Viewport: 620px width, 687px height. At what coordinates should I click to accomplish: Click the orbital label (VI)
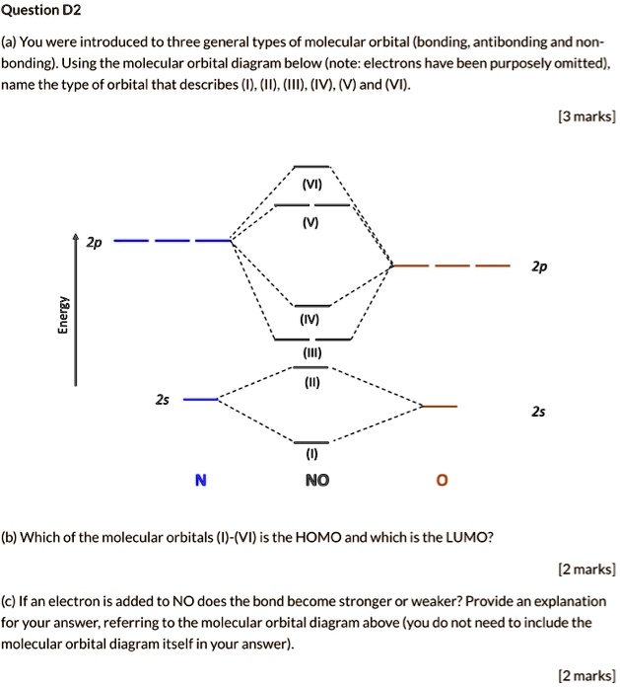(x=311, y=185)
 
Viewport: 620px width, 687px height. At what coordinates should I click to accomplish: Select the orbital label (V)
(x=311, y=222)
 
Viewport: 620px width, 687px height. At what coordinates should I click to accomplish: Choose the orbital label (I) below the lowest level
(x=311, y=456)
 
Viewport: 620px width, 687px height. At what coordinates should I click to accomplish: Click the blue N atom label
(x=201, y=481)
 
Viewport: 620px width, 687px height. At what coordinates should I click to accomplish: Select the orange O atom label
(x=441, y=481)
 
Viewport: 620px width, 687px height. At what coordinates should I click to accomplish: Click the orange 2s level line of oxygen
(x=440, y=406)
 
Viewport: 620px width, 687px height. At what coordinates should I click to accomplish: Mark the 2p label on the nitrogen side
(x=94, y=241)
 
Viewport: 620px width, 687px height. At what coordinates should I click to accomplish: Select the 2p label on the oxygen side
(x=538, y=267)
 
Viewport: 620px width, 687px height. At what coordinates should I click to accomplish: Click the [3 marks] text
(x=586, y=116)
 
